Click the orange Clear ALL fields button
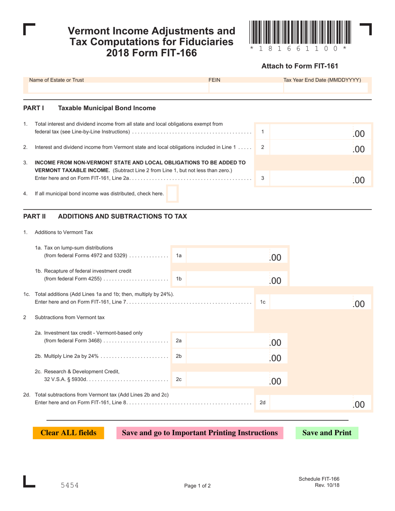click(x=69, y=433)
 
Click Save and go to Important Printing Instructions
click(x=200, y=433)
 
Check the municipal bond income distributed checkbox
click(x=172, y=194)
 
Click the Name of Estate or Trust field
click(x=116, y=88)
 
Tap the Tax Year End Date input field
click(x=326, y=88)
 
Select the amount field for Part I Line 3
click(x=320, y=179)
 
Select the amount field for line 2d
click(x=320, y=403)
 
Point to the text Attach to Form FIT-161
click(x=299, y=66)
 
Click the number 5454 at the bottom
click(x=69, y=485)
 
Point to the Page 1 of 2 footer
click(x=197, y=486)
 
